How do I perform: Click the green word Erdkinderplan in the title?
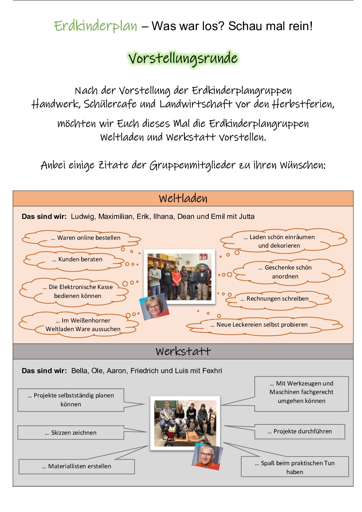coord(95,26)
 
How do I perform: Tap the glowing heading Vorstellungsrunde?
coord(183,58)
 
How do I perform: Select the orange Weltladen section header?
coord(183,198)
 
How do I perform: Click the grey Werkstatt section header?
coord(183,351)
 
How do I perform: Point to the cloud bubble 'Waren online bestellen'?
coord(86,238)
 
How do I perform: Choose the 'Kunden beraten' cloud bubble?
coord(77,260)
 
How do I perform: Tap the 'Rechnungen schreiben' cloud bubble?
coord(277,299)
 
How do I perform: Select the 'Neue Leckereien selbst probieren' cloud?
coord(262,325)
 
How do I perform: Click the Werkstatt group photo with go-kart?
coord(185,422)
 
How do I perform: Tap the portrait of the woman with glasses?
coord(154,307)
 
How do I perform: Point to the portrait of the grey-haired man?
coord(207,456)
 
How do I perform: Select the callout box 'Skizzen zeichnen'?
coord(71,433)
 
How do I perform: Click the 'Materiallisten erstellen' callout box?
coord(77,467)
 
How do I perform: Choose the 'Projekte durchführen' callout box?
coord(299,432)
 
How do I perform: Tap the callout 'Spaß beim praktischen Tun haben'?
coord(295,467)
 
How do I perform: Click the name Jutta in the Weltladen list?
coord(246,216)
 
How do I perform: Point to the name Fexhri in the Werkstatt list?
coord(212,371)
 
